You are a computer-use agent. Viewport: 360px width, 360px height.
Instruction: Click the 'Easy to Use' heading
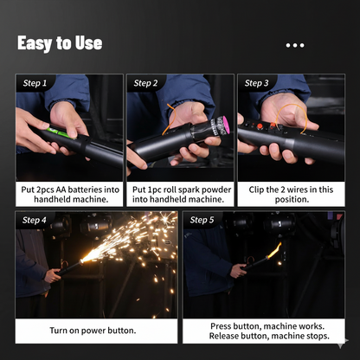click(x=60, y=43)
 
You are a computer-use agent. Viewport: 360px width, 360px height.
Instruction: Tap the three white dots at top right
click(x=295, y=45)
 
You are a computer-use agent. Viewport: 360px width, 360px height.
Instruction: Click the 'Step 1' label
click(x=35, y=83)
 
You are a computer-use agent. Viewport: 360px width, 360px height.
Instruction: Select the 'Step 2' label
click(x=145, y=83)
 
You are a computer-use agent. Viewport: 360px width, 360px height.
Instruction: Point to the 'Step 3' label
click(x=257, y=83)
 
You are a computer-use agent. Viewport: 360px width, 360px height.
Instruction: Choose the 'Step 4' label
click(x=35, y=220)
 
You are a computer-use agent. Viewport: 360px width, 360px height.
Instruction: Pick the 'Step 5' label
click(x=202, y=220)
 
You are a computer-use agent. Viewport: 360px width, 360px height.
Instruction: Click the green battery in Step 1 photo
click(x=58, y=132)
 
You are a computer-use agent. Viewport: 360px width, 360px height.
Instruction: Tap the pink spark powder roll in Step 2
click(x=222, y=126)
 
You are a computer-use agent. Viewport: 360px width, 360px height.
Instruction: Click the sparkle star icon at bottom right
click(x=344, y=344)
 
